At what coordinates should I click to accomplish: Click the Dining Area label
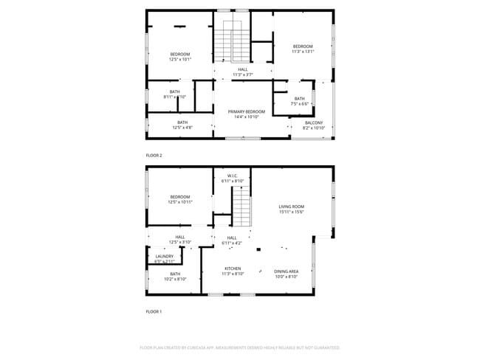[x=287, y=271]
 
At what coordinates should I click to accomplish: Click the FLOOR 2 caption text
[x=154, y=156]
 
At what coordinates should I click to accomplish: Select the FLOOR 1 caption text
[x=154, y=311]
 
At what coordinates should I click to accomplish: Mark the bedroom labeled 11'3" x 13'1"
[x=303, y=49]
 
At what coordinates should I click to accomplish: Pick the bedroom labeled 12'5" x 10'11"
[x=180, y=199]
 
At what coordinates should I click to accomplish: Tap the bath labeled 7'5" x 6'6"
[x=299, y=101]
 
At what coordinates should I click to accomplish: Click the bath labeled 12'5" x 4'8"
[x=182, y=125]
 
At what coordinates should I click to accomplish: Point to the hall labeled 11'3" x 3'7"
[x=243, y=72]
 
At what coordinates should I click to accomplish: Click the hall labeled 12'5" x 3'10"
[x=180, y=239]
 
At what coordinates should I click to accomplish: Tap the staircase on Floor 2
[x=233, y=41]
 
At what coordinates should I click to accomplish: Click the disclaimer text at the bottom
[x=240, y=347]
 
